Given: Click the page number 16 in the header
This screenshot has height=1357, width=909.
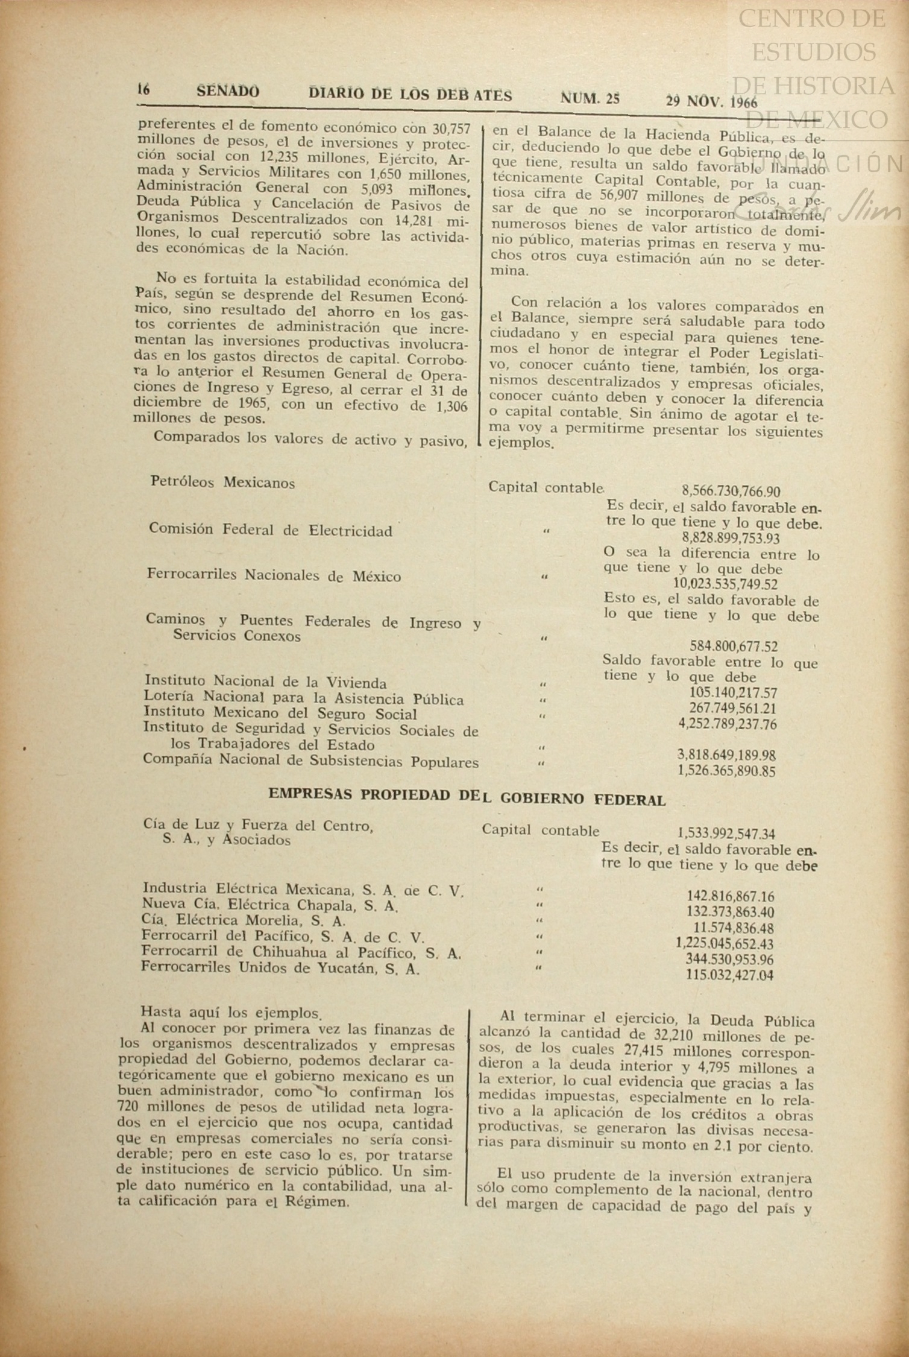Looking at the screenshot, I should point(143,90).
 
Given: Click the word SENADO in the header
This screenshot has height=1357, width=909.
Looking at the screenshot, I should point(228,92).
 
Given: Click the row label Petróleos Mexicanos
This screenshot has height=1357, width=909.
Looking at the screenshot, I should point(222,482).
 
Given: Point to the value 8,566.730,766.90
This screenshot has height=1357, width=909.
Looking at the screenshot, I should point(731,491).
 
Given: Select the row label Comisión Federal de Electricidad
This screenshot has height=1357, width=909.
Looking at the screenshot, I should point(270,530).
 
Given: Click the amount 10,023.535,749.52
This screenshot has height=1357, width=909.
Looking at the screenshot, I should point(725,584).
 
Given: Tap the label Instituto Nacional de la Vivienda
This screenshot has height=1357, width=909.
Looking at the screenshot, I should point(265,683).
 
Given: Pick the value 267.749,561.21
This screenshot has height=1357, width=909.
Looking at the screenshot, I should point(732,709).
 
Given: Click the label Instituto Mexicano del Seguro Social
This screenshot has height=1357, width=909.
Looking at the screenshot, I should point(280,714).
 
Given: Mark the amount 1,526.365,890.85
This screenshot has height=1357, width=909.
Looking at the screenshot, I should point(726,771).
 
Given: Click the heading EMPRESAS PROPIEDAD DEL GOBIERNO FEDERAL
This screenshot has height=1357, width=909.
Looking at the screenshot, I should point(467,797).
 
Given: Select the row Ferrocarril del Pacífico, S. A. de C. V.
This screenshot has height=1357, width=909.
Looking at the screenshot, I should point(283,937).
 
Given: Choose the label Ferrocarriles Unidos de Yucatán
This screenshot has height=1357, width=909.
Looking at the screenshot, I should point(280,969).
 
